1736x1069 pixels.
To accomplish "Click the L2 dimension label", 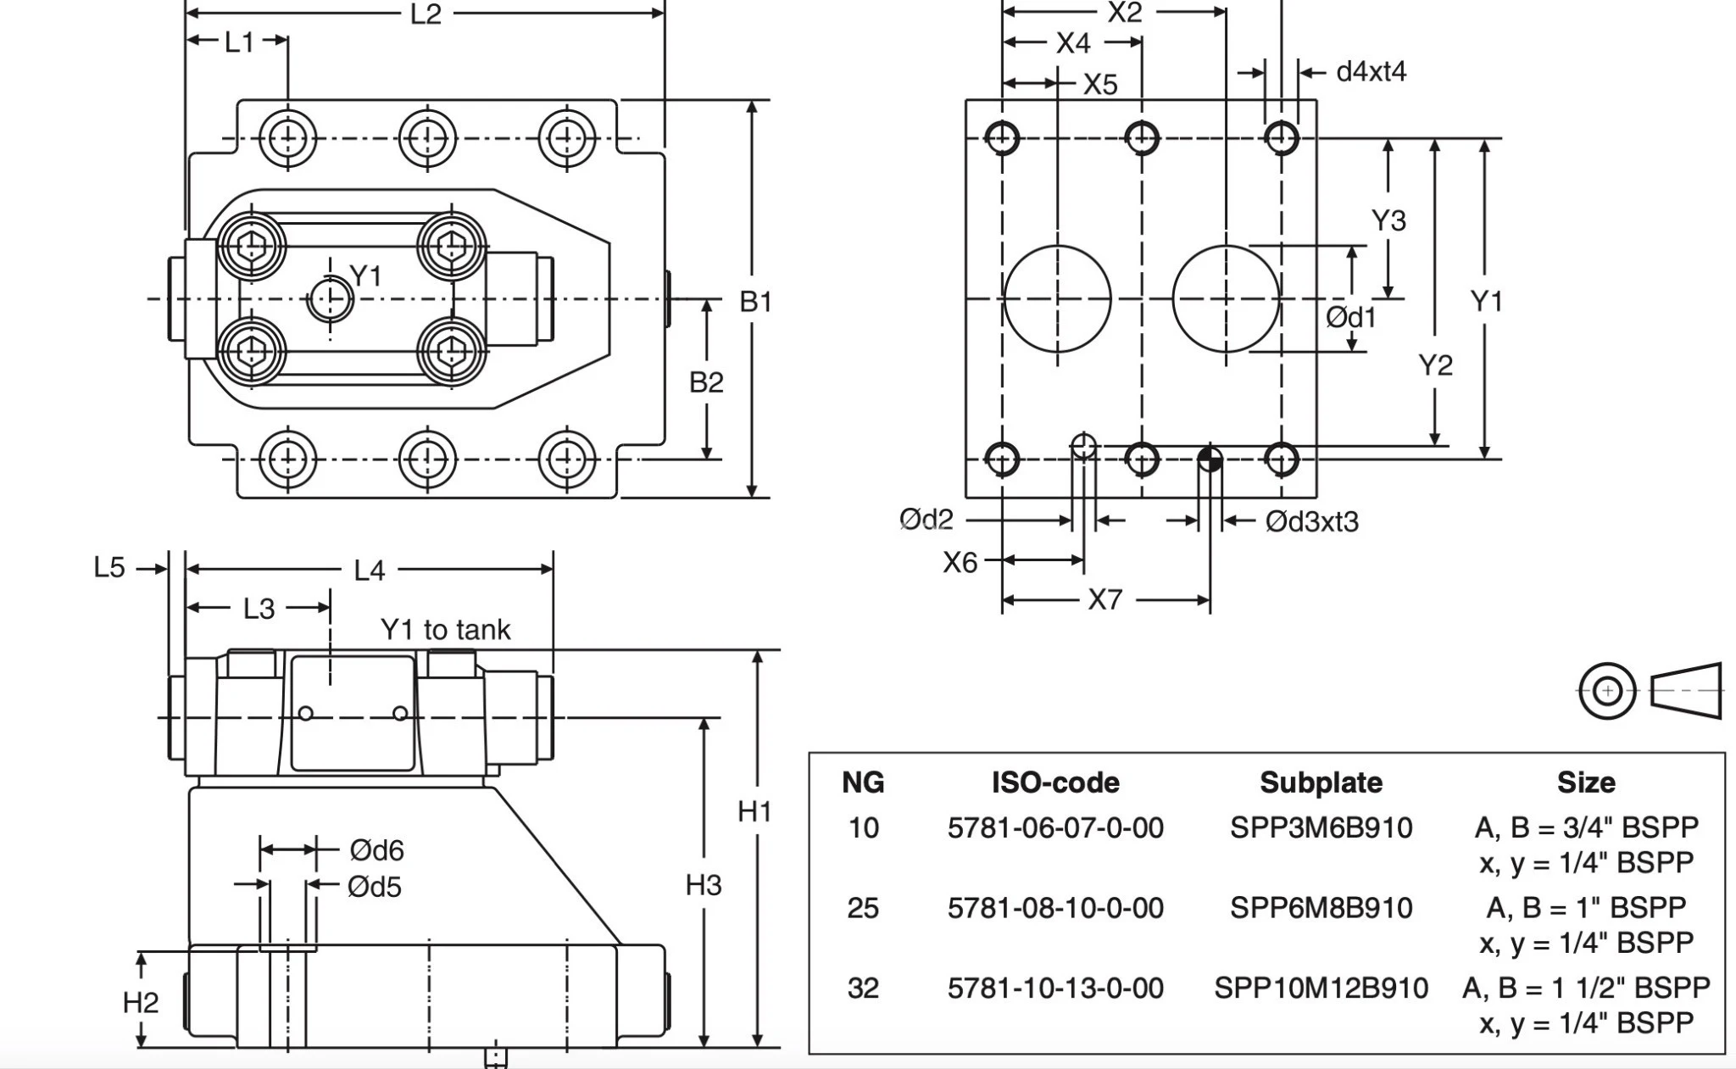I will point(426,14).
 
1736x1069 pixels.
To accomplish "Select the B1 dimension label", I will point(755,301).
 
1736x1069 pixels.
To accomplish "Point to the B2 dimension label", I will point(706,382).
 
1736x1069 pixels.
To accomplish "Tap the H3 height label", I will point(703,885).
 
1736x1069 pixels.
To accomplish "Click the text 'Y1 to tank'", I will point(445,630).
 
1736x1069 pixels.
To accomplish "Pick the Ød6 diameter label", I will point(376,849).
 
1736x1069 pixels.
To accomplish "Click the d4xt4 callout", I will point(1371,72).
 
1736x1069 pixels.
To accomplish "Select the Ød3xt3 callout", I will point(1311,521).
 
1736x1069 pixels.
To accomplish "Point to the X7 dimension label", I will point(1105,600).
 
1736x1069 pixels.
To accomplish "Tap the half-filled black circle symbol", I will point(1210,459).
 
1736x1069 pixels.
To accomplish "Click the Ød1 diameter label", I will point(1351,317).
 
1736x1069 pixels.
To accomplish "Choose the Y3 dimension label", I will point(1388,220).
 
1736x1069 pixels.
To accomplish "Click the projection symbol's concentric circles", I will point(1607,691).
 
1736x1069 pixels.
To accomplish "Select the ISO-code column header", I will point(1055,782).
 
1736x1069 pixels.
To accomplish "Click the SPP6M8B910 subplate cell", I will point(1321,908).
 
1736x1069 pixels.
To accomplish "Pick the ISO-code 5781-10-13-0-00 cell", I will point(1055,988).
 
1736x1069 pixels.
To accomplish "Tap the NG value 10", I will point(863,827).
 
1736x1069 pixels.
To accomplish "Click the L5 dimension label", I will point(109,567).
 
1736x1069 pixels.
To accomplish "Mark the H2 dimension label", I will point(140,1003).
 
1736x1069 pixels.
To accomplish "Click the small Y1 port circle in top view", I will point(330,298).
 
